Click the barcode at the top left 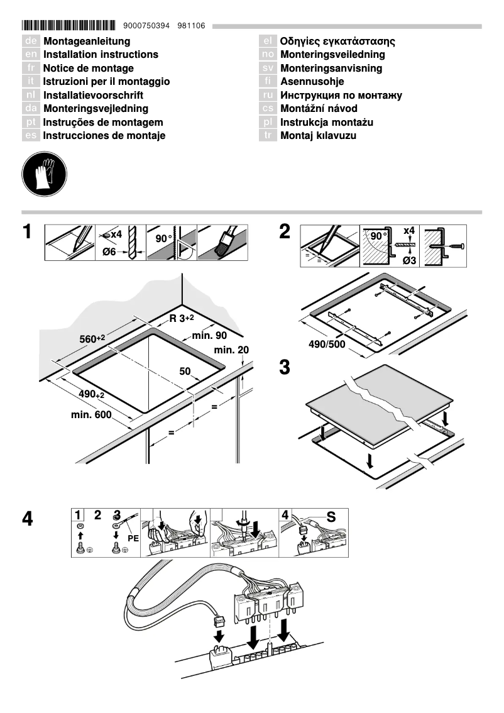pos(68,26)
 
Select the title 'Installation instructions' pos(100,55)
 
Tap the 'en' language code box pos(31,55)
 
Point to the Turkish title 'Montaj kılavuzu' pos(318,136)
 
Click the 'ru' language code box pos(268,96)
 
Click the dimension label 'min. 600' pos(91,415)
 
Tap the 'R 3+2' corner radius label pos(185,318)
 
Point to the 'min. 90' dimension pos(209,336)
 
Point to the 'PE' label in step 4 pos(133,538)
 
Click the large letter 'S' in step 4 pos(331,517)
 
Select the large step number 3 pos(285,367)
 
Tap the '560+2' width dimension pos(92,339)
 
